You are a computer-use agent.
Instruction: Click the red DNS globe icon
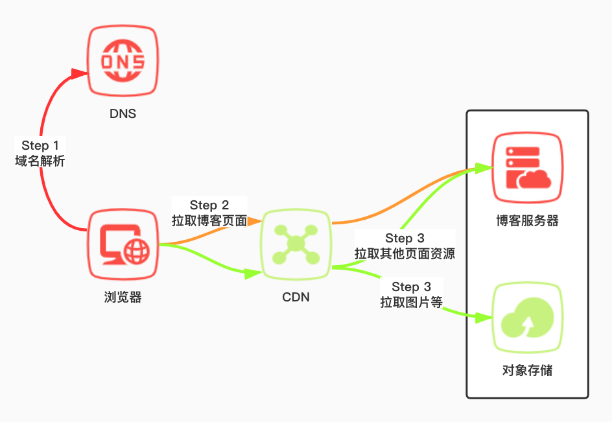[x=123, y=62]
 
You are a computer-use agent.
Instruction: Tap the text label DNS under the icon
[x=123, y=114]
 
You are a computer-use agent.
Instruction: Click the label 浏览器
[x=123, y=298]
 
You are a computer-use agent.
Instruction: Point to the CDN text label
[x=296, y=298]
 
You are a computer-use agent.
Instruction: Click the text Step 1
[x=40, y=145]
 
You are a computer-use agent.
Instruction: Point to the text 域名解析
[x=40, y=161]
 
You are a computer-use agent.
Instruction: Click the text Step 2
[x=209, y=205]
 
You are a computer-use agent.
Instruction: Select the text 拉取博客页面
[x=209, y=221]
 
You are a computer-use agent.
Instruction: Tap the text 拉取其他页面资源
[x=405, y=253]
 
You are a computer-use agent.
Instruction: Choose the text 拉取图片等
[x=411, y=301]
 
